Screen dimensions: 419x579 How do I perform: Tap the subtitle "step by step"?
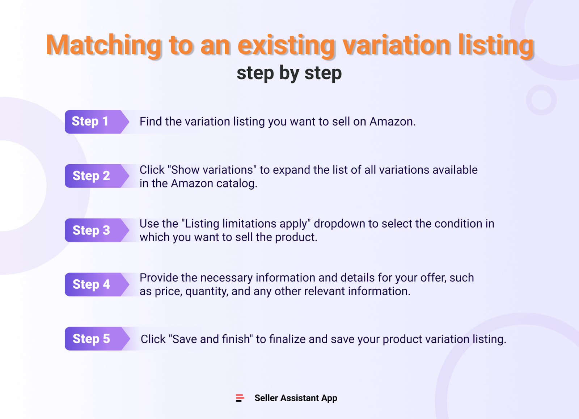pyautogui.click(x=289, y=73)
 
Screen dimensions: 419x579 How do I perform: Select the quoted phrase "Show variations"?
pyautogui.click(x=212, y=170)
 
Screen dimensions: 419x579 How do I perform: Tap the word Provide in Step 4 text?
pyautogui.click(x=159, y=278)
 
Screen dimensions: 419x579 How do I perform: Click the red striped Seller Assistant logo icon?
pyautogui.click(x=240, y=398)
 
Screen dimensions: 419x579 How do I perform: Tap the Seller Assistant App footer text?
pyautogui.click(x=296, y=398)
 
